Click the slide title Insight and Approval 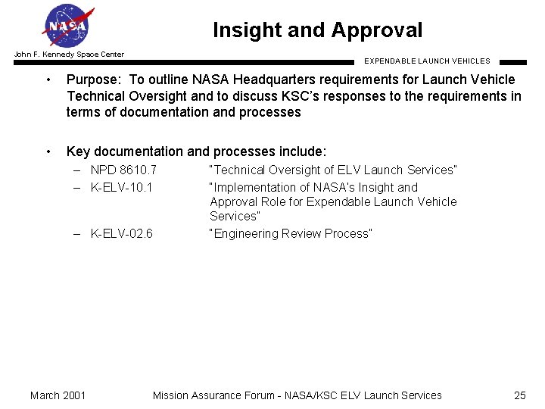pos(317,30)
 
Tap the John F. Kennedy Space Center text pos(69,55)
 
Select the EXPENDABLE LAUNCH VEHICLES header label pos(427,61)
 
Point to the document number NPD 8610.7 pos(123,170)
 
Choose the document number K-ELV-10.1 pos(121,187)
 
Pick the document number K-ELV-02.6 pos(121,233)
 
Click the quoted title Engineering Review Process pos(291,233)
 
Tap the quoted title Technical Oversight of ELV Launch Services pos(333,170)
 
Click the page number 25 pos(519,395)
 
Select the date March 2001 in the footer pos(58,395)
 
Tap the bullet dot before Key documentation pos(48,151)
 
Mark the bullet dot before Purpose pos(48,80)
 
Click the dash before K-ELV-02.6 pos(77,233)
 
